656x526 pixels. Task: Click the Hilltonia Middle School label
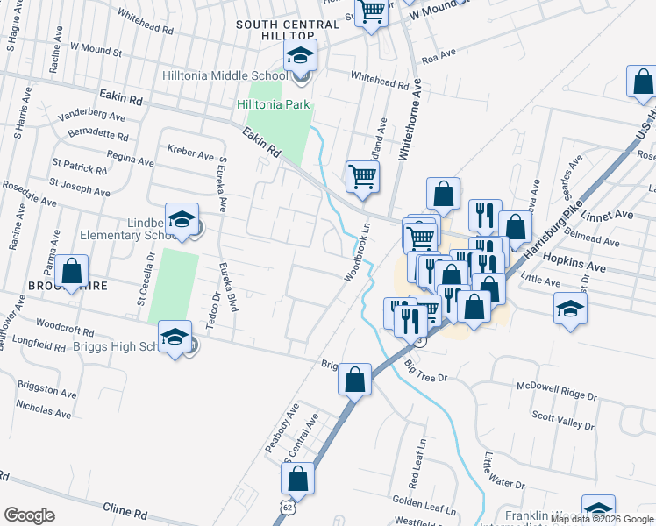coord(225,75)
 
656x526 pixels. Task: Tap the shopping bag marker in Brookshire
coord(73,270)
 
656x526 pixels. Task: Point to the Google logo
coord(29,515)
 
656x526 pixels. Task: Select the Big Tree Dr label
coord(426,368)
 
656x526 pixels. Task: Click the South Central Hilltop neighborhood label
coord(287,30)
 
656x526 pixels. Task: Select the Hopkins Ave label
coord(574,259)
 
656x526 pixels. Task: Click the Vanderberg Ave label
coord(91,115)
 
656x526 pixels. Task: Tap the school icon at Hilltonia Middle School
coord(300,58)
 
